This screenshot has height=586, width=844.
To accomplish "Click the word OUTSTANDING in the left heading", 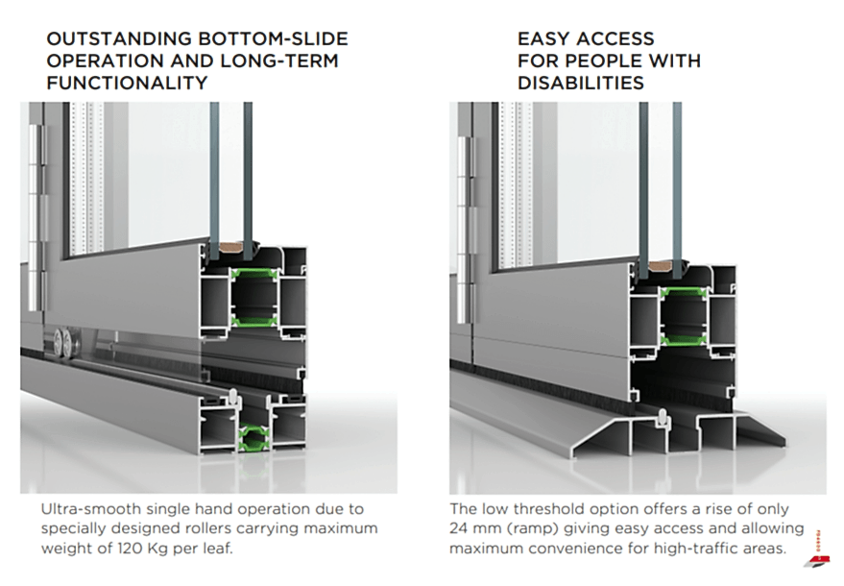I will point(102,40).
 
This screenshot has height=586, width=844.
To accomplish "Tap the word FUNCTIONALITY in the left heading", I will point(127,83).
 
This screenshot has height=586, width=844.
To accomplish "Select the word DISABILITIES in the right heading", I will point(580,83).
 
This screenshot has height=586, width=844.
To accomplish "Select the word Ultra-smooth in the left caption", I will point(84,509).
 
